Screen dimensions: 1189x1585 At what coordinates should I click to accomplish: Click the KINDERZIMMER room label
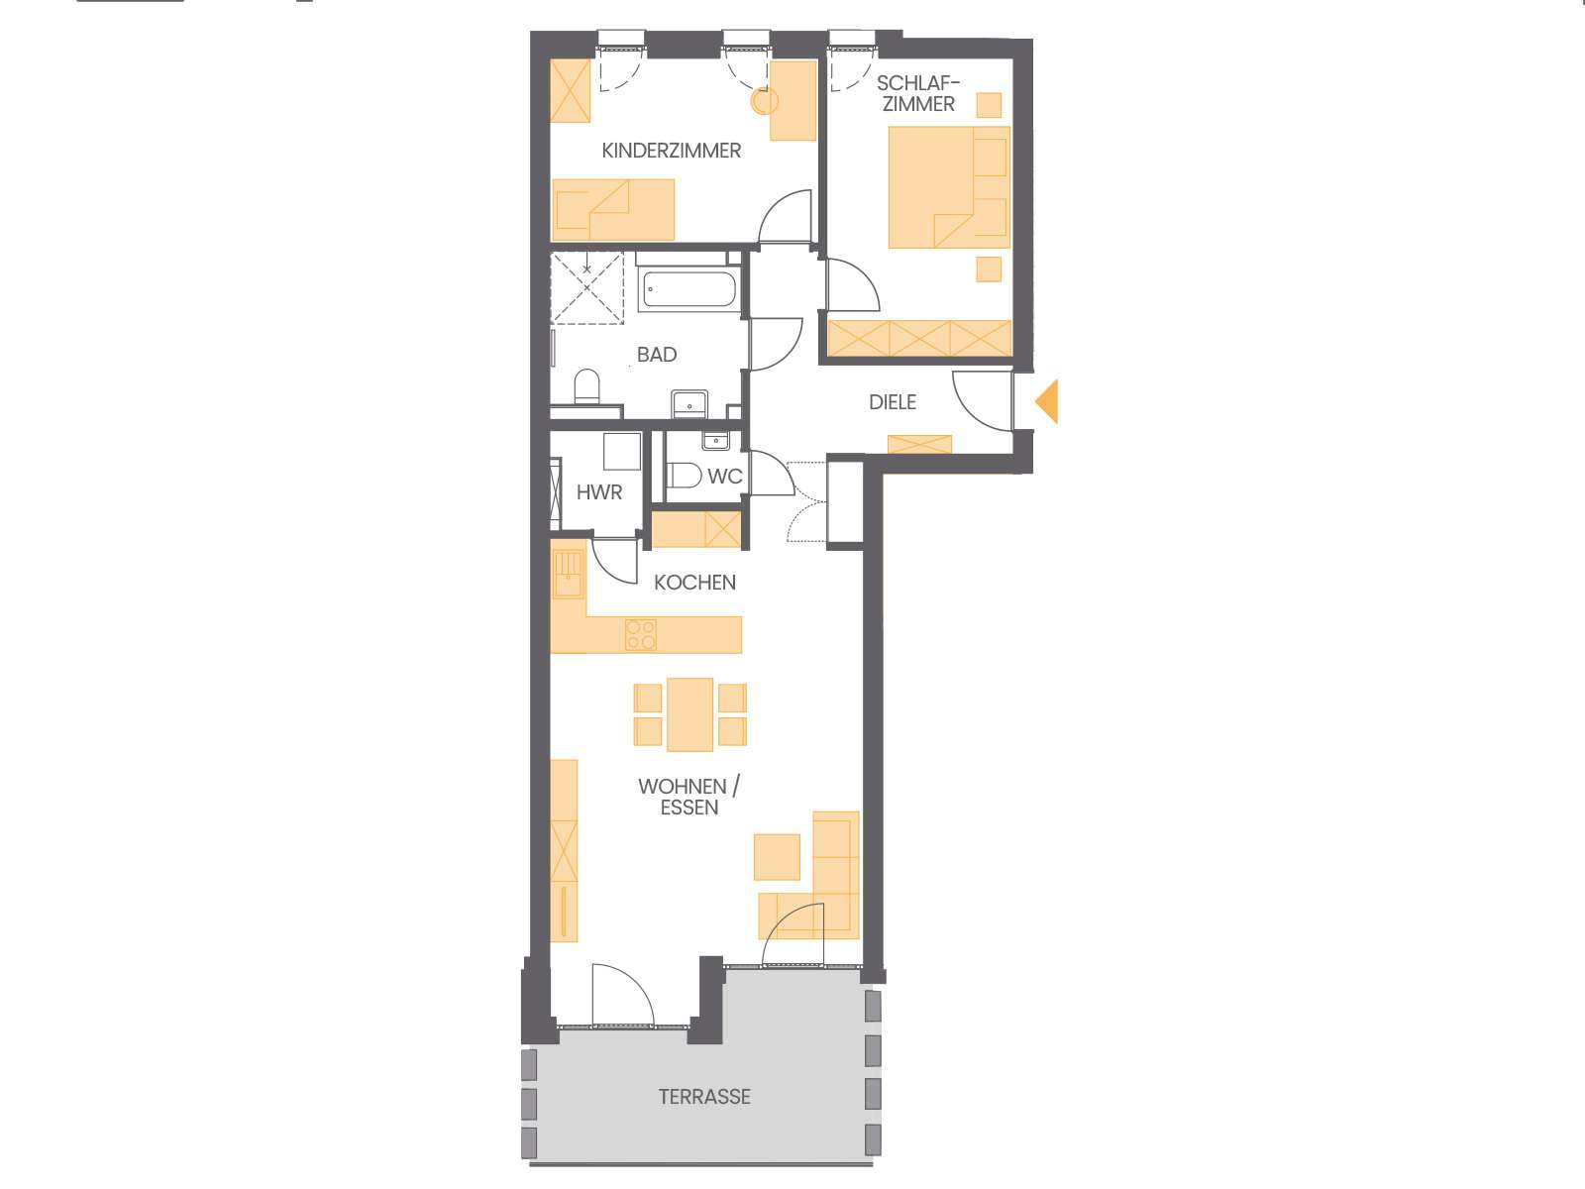(671, 151)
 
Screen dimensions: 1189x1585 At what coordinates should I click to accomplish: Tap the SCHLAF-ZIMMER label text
(918, 93)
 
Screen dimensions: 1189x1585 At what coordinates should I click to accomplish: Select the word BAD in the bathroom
(657, 355)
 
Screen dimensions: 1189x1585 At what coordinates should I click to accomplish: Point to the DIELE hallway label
(893, 402)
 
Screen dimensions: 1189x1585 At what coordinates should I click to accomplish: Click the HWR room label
(599, 492)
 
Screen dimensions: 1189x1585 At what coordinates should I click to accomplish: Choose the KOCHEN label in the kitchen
(694, 583)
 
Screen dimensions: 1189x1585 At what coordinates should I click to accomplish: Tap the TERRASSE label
(704, 1097)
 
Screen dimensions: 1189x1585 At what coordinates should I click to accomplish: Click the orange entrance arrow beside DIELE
(1047, 401)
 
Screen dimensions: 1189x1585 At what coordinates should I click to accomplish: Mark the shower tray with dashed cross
(586, 288)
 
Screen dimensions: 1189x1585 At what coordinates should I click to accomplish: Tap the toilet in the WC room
(685, 476)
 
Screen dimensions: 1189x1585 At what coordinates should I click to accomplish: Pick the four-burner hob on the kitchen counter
(641, 634)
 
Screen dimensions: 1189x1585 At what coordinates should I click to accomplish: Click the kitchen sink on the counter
(568, 574)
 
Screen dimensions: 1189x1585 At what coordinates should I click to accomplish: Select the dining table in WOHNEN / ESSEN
(689, 713)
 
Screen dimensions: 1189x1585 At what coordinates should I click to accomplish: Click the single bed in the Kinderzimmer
(613, 209)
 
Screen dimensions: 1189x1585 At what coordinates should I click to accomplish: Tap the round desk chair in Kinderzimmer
(765, 101)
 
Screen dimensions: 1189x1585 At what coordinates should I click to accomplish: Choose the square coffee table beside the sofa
(777, 857)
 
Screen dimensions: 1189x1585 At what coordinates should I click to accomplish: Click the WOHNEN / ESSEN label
(688, 797)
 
